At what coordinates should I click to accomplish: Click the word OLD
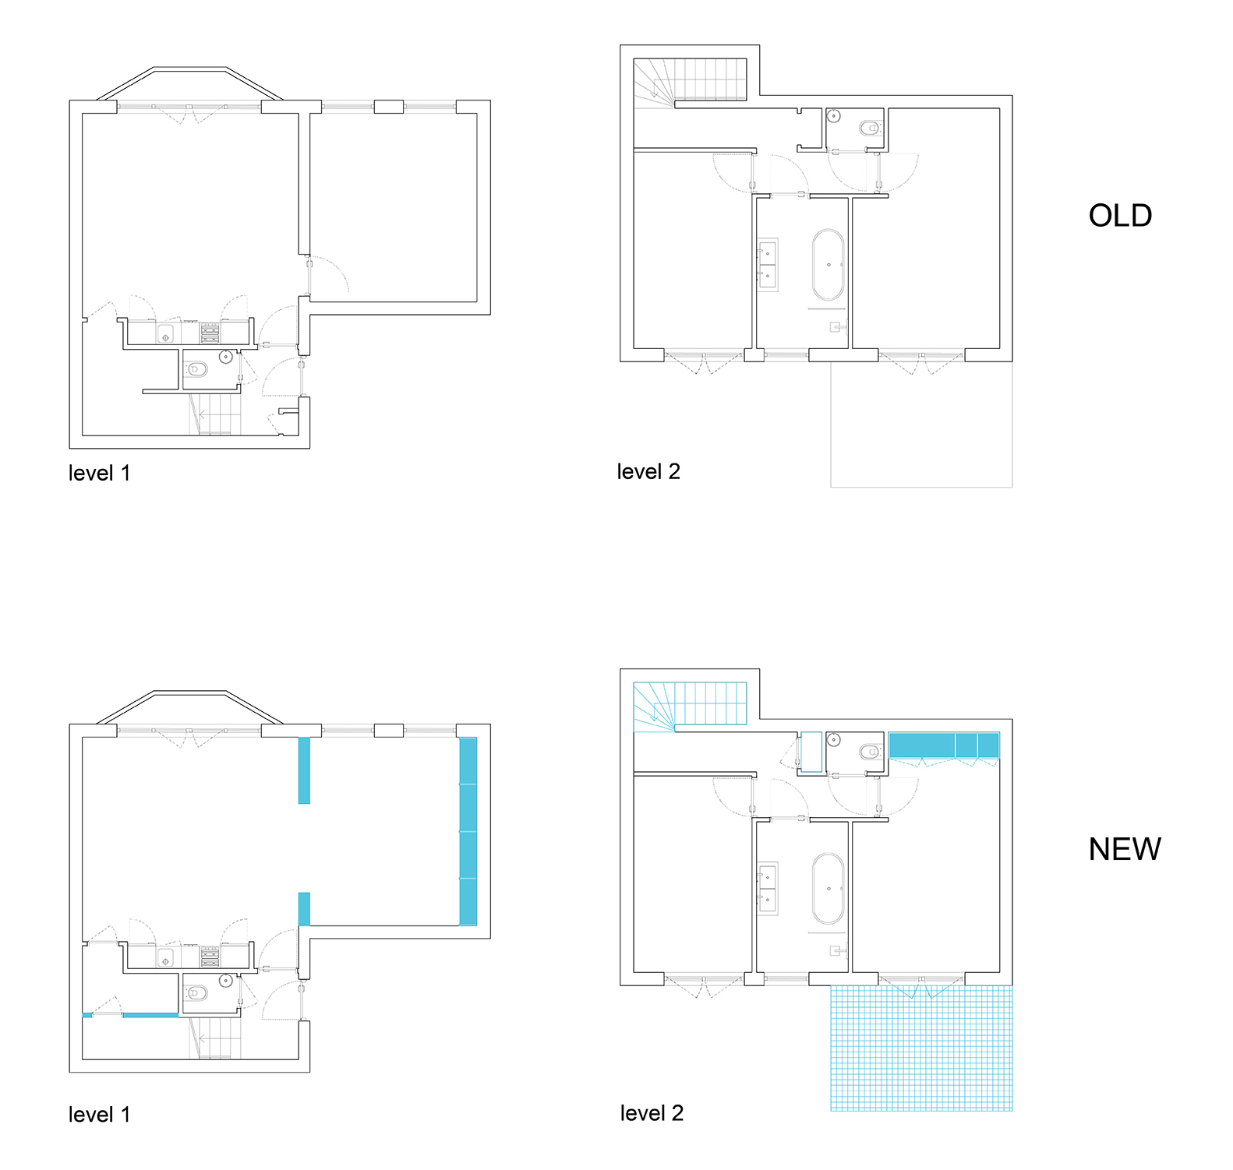point(1120,216)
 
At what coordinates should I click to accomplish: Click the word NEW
point(1125,849)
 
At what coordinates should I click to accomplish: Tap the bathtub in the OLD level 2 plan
point(828,265)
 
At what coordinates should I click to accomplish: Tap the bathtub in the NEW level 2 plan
point(828,889)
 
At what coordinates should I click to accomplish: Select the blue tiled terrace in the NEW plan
point(921,1048)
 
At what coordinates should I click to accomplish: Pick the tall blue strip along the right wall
point(468,831)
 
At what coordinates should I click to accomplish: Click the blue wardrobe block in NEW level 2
point(944,745)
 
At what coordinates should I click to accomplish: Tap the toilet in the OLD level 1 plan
point(196,369)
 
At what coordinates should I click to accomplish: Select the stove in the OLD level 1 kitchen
point(210,333)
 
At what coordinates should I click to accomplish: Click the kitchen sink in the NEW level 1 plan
point(165,957)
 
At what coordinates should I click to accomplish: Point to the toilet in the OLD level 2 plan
point(870,128)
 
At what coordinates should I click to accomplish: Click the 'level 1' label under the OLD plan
point(99,473)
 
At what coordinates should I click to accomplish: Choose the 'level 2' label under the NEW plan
point(652,1113)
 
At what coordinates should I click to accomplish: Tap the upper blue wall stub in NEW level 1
point(304,770)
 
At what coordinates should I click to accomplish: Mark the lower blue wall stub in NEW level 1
point(304,909)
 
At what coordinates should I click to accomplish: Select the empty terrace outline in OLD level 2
point(921,425)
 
